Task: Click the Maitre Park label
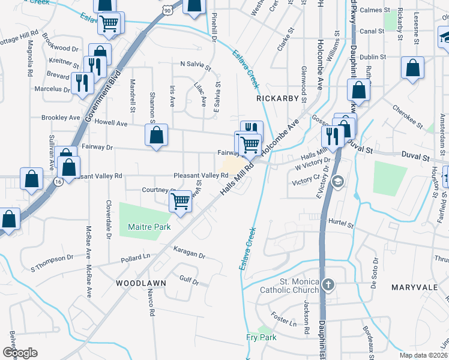click(x=149, y=227)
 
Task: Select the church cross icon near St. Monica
click(x=328, y=284)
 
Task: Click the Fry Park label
click(x=261, y=337)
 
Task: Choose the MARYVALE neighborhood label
click(x=414, y=287)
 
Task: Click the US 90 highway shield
click(x=167, y=10)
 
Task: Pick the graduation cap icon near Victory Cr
click(x=339, y=181)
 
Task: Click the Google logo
click(x=20, y=353)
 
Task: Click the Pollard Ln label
click(x=135, y=257)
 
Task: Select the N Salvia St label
click(x=196, y=64)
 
